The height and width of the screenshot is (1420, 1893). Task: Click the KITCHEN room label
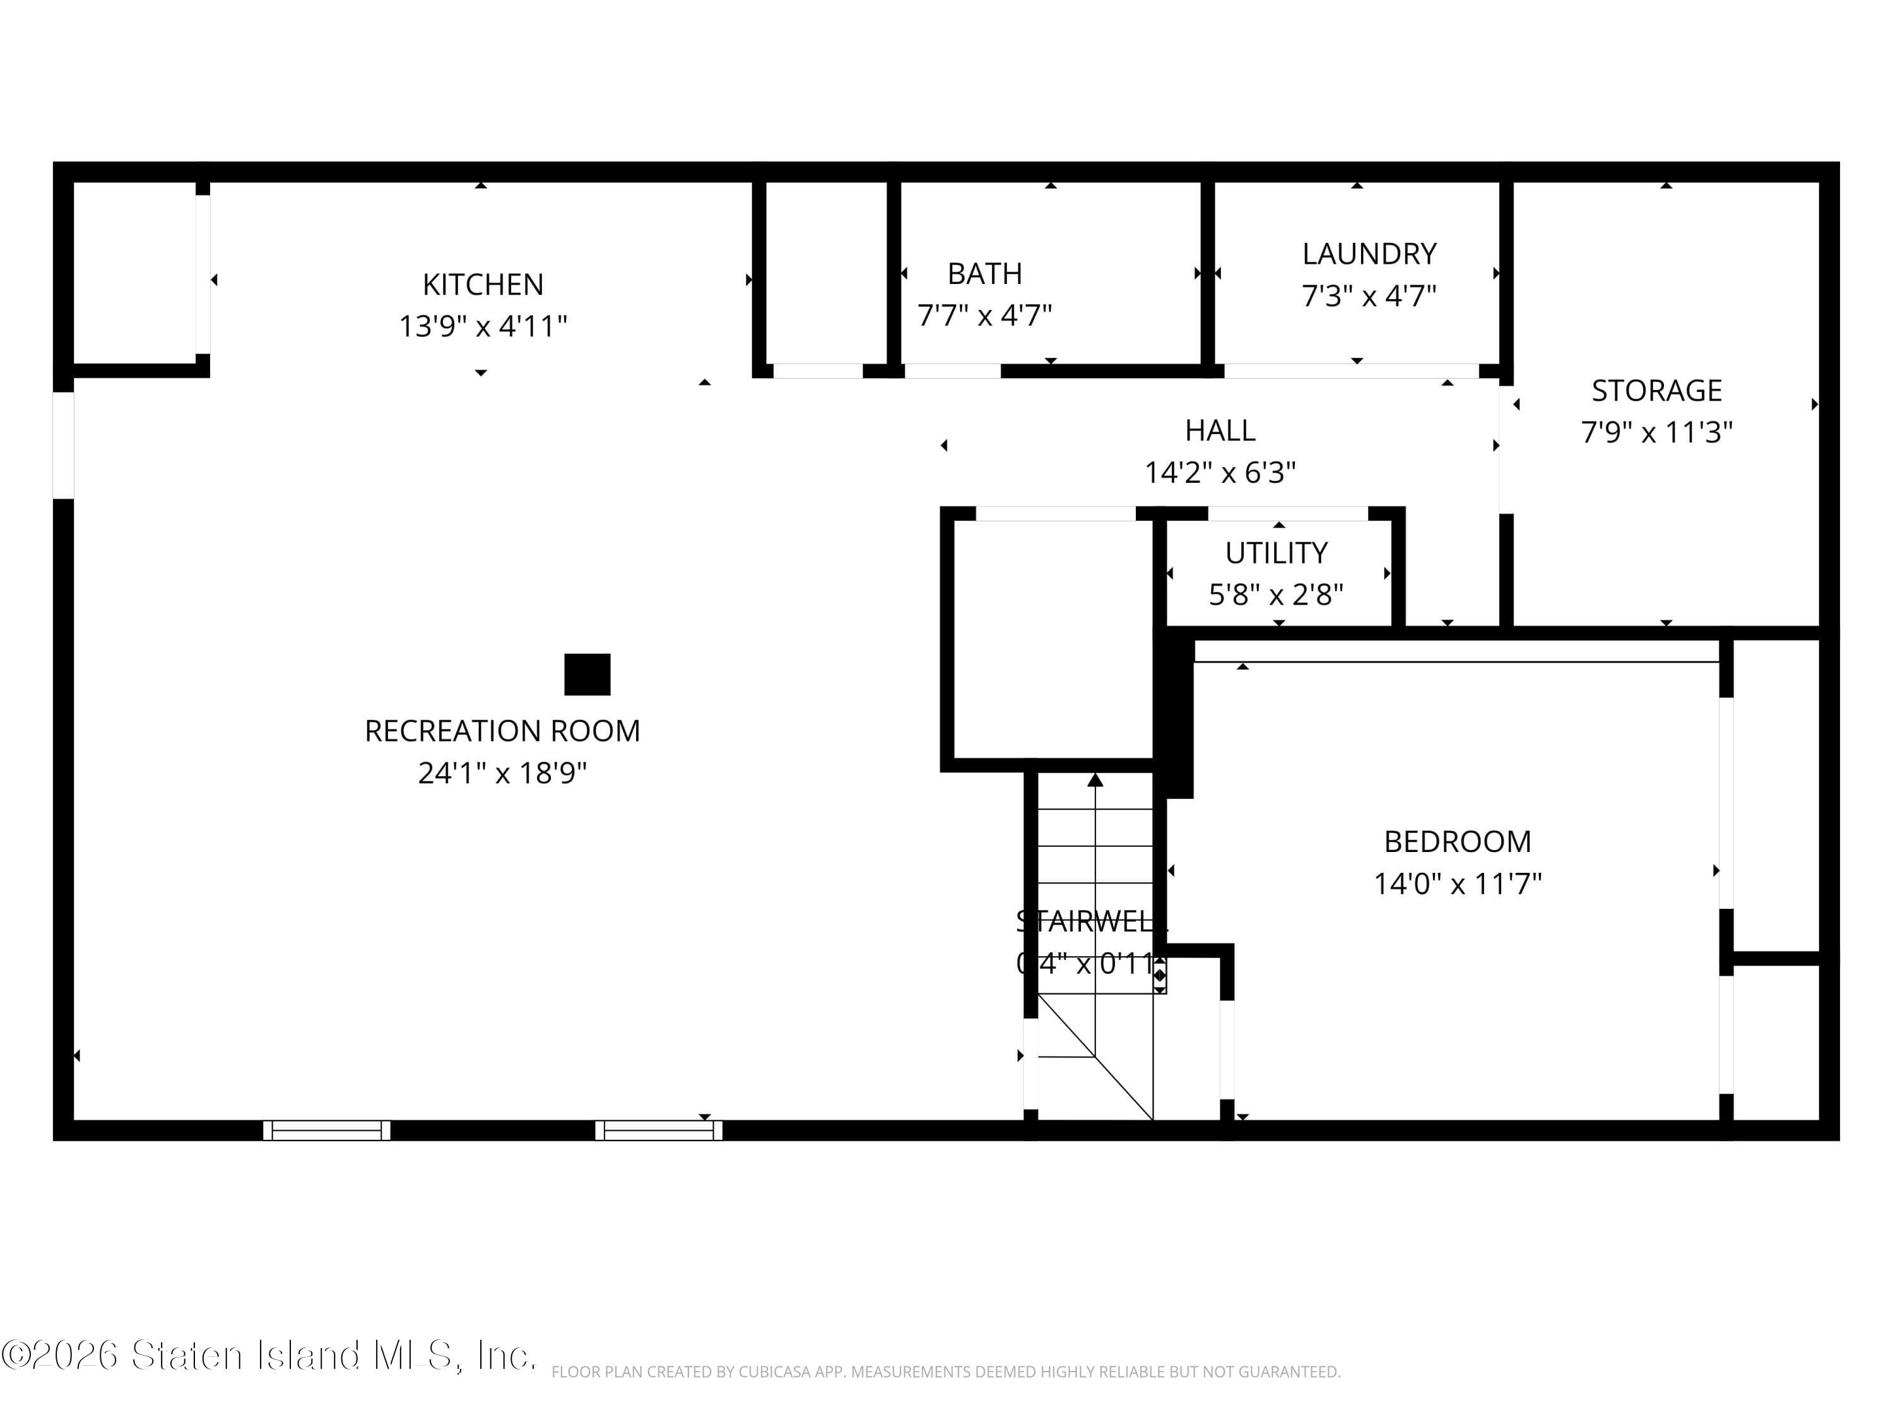[483, 284]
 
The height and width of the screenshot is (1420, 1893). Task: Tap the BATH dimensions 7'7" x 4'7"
[984, 316]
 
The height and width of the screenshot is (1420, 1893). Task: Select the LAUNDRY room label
[1369, 254]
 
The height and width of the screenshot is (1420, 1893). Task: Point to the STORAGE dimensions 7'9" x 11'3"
[1656, 432]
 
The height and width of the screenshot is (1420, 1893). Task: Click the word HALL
[1220, 430]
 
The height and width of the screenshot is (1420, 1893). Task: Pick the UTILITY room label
[1276, 553]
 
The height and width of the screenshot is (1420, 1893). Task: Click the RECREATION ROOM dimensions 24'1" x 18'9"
[502, 773]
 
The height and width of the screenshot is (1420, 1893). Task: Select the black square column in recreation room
[587, 675]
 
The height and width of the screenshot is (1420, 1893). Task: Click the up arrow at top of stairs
[1095, 780]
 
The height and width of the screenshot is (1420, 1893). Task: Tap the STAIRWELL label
[1087, 921]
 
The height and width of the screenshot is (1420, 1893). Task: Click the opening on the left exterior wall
[63, 445]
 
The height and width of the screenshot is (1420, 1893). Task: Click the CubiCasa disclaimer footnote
[946, 1372]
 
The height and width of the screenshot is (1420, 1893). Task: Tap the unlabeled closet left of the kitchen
[134, 272]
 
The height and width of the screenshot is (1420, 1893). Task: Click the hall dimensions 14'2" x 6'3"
[1220, 473]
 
